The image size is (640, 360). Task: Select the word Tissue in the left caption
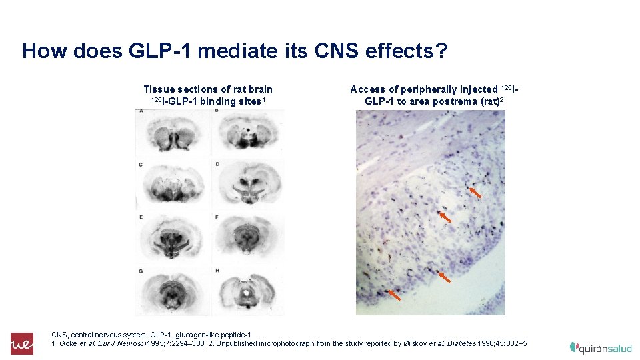[159, 89]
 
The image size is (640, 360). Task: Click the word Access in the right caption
[368, 89]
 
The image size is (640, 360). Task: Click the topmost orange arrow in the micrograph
[475, 192]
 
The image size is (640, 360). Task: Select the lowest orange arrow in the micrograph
[395, 294]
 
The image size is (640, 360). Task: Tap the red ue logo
[21, 343]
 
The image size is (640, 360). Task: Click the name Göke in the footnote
[68, 343]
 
